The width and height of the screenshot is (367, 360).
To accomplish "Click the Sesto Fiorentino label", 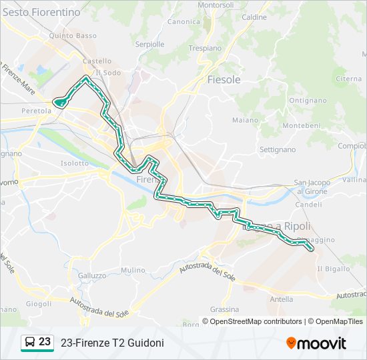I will coord(41,12).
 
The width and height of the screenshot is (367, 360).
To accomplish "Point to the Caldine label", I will coord(254,17).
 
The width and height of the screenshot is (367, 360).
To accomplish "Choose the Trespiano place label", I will coord(205,48).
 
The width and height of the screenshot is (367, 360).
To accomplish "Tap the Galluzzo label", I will coord(92,275).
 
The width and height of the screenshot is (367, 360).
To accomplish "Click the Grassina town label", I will coord(224,309).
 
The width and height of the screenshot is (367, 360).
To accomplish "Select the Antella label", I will coord(282,299).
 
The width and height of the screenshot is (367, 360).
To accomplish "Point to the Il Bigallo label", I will coord(333,269).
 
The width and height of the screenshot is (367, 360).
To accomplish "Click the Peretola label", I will coord(36,111).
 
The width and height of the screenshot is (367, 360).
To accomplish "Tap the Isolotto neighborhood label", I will coord(74,163).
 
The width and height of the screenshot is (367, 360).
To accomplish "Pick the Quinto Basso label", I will coord(77,36).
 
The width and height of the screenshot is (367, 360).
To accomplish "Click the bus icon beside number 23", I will coord(29,343).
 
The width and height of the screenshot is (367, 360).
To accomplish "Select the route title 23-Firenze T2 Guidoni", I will coord(112,343).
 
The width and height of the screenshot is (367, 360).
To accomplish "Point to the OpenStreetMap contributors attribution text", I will coord(256,321).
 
